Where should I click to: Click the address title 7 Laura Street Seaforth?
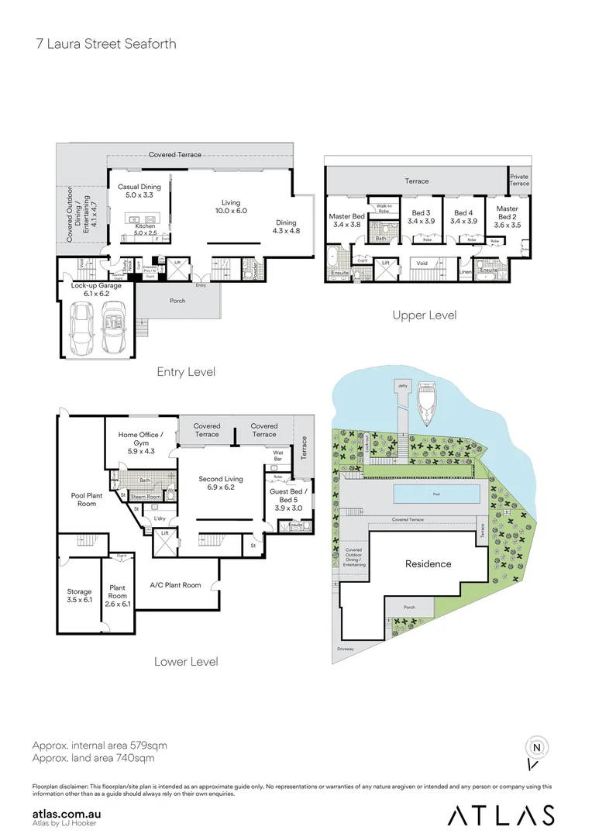(106, 43)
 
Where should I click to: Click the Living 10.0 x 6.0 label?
(230, 206)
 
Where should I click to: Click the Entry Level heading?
(185, 372)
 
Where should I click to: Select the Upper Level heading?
(425, 315)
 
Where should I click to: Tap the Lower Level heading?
(185, 661)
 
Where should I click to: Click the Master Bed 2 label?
(508, 213)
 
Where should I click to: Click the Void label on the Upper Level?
(422, 263)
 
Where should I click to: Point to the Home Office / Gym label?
(140, 440)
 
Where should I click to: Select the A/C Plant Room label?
(176, 585)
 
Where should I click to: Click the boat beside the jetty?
(427, 404)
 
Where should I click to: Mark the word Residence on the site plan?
(429, 563)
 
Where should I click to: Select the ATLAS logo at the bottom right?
(501, 815)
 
